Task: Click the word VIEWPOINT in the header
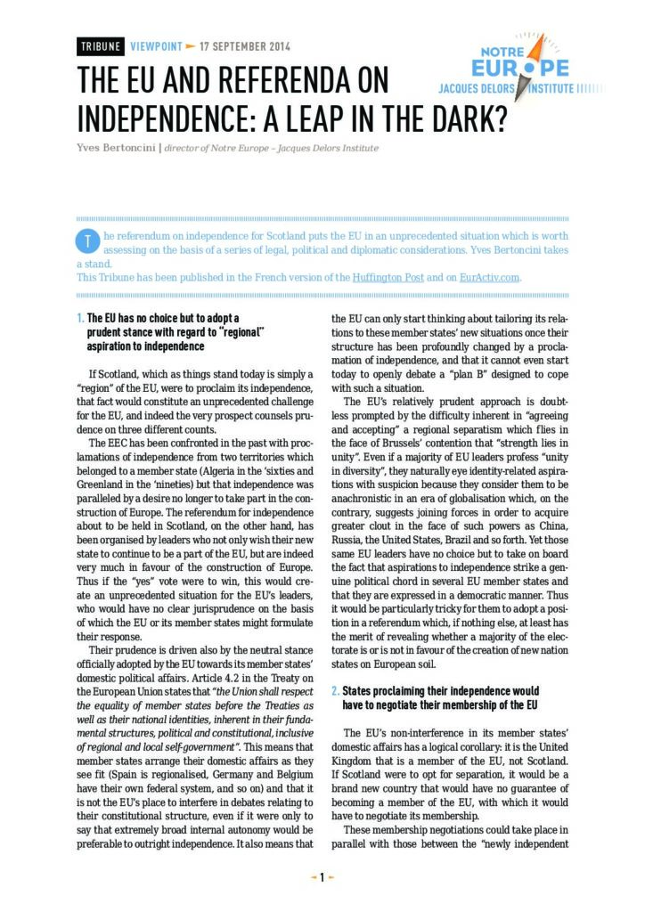156,46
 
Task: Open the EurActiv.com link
489,277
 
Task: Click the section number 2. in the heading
335,691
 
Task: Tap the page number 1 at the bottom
322,877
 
